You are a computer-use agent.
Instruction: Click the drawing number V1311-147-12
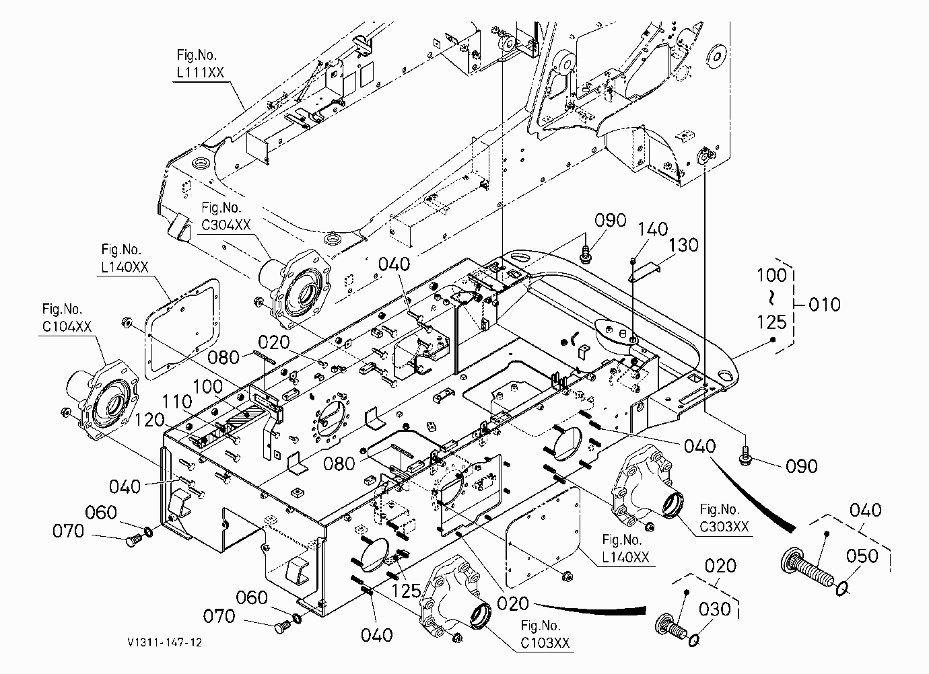[165, 642]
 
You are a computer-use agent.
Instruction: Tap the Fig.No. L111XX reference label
[201, 64]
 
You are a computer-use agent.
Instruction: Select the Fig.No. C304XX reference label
[226, 216]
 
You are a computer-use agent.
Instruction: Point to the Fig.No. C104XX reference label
[67, 318]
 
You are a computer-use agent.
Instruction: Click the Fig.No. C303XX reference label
[724, 518]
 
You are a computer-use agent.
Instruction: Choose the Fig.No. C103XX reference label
[545, 634]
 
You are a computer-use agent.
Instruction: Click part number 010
[825, 305]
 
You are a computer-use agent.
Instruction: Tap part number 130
[683, 245]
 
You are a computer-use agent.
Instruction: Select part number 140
[652, 229]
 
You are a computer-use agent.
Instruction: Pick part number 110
[176, 402]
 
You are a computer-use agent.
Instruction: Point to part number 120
[149, 420]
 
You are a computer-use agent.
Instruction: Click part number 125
[406, 591]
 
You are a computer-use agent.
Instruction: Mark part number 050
[862, 556]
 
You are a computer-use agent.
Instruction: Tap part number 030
[714, 609]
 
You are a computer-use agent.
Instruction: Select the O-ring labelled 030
[694, 641]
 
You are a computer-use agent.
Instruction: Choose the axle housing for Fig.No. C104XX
[102, 399]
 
